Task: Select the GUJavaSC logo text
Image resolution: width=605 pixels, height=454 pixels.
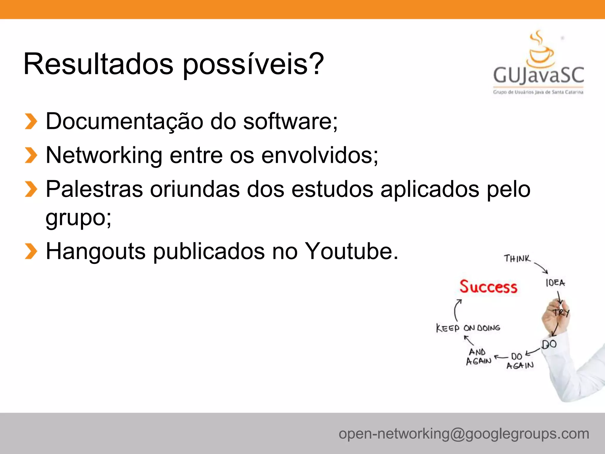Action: coord(538,75)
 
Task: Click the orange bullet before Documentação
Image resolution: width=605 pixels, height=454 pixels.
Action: coord(31,121)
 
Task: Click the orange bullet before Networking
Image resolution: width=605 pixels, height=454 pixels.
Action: coord(31,155)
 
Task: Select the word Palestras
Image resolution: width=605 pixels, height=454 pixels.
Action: coord(94,189)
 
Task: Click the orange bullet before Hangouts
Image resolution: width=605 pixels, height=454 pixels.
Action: coord(31,251)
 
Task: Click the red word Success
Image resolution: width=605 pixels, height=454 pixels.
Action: coord(488,287)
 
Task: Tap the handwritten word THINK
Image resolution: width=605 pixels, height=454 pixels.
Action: coord(517,259)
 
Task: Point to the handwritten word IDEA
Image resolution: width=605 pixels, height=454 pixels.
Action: coord(555,283)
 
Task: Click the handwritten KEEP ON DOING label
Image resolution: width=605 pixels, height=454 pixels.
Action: coord(468,328)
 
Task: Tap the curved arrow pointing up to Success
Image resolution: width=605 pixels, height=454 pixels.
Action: coord(457,310)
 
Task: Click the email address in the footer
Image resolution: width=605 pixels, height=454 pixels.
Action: coord(464,434)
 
